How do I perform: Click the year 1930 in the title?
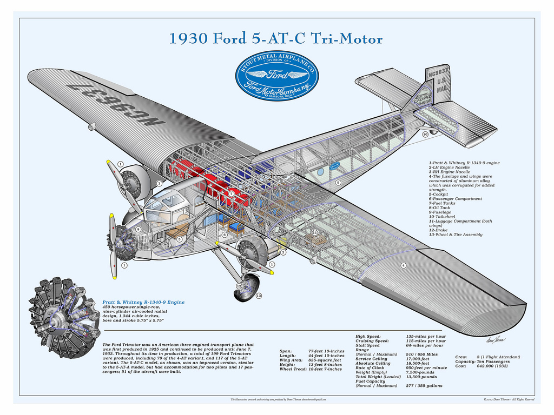point(188,39)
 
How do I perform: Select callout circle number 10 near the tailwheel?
point(425,133)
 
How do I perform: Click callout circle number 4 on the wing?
point(403,265)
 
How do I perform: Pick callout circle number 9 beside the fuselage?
point(338,183)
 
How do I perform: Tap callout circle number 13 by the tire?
point(259,296)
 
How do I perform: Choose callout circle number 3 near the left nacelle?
point(159,183)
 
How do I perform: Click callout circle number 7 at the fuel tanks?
point(231,193)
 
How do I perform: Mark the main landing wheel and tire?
point(246,287)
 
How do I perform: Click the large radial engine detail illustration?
point(64,318)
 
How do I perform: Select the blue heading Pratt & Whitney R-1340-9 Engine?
point(143,302)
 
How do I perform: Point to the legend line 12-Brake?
point(440,230)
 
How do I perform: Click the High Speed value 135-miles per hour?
point(426,336)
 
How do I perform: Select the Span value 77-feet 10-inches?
point(326,351)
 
